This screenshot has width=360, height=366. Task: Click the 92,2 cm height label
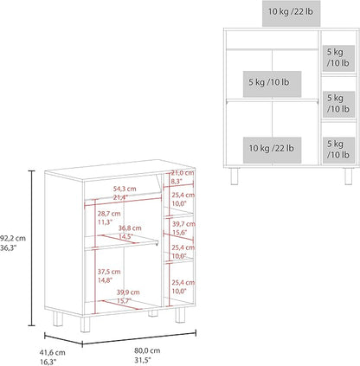click(13, 239)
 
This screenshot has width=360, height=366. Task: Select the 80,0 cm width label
click(147, 350)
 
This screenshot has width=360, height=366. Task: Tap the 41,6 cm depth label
click(52, 352)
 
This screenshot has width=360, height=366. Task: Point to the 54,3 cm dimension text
click(125, 189)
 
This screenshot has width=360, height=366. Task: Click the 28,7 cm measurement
click(109, 214)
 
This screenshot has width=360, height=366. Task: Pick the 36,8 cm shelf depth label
click(130, 228)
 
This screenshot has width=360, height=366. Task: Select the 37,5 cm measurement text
click(109, 272)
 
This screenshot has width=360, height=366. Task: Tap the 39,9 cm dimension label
click(128, 292)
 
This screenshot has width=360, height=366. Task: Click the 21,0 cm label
click(183, 173)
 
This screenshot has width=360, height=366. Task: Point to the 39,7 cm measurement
click(183, 224)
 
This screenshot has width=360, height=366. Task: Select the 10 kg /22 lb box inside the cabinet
click(272, 150)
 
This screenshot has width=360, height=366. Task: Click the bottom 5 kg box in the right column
click(338, 151)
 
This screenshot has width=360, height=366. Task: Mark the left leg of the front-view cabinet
click(235, 177)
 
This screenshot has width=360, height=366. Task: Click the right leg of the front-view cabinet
click(349, 177)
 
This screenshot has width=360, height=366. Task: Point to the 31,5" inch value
click(143, 360)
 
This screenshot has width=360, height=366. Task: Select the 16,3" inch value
click(48, 362)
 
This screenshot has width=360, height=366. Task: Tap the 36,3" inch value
click(9, 247)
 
